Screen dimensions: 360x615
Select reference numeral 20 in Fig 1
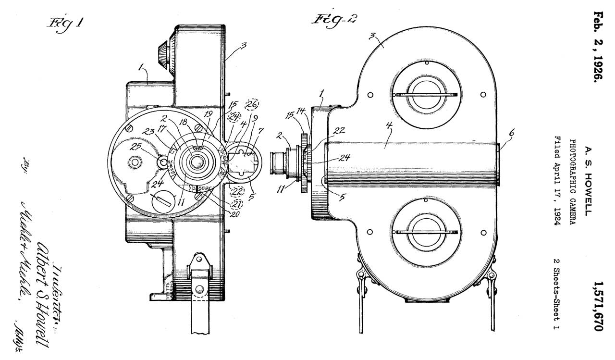pyautogui.click(x=234, y=214)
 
